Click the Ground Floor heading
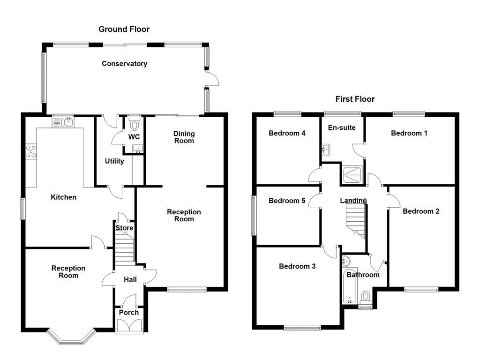[124, 29]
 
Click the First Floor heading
[355, 99]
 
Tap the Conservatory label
[124, 63]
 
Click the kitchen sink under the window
[63, 122]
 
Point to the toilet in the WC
[135, 124]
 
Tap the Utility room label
[114, 161]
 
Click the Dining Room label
[184, 136]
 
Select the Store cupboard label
[124, 228]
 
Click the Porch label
[128, 312]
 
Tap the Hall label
[130, 279]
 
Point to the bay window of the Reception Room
[72, 338]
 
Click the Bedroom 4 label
[287, 133]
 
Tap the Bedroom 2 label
[420, 211]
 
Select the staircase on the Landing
[355, 220]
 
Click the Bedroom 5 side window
[254, 215]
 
